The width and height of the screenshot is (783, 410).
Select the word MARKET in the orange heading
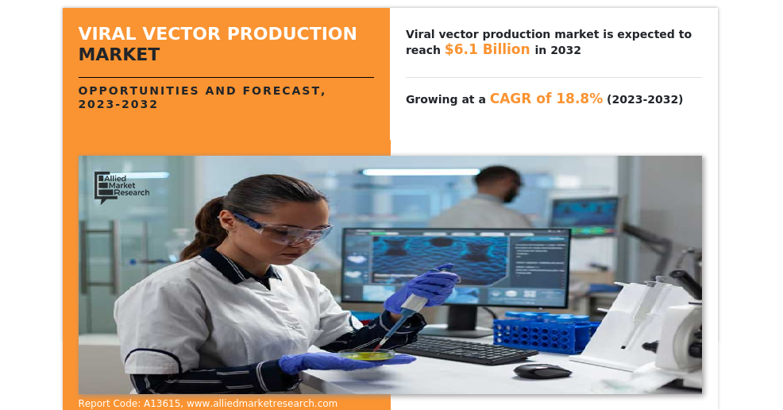[x=119, y=54]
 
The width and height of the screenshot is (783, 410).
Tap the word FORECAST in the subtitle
[x=284, y=91]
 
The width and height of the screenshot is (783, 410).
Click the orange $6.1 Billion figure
[x=488, y=49]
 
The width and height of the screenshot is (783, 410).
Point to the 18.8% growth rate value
[x=579, y=99]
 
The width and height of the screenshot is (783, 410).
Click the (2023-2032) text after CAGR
[x=645, y=99]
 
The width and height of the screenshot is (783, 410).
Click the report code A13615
[x=162, y=404]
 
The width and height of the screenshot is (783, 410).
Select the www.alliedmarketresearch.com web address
[x=262, y=404]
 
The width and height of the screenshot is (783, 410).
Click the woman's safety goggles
[x=283, y=229]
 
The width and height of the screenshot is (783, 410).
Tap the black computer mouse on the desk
[x=542, y=370]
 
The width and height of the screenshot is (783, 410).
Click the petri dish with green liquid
[x=367, y=355]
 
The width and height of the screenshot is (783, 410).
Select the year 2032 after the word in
[x=565, y=50]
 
